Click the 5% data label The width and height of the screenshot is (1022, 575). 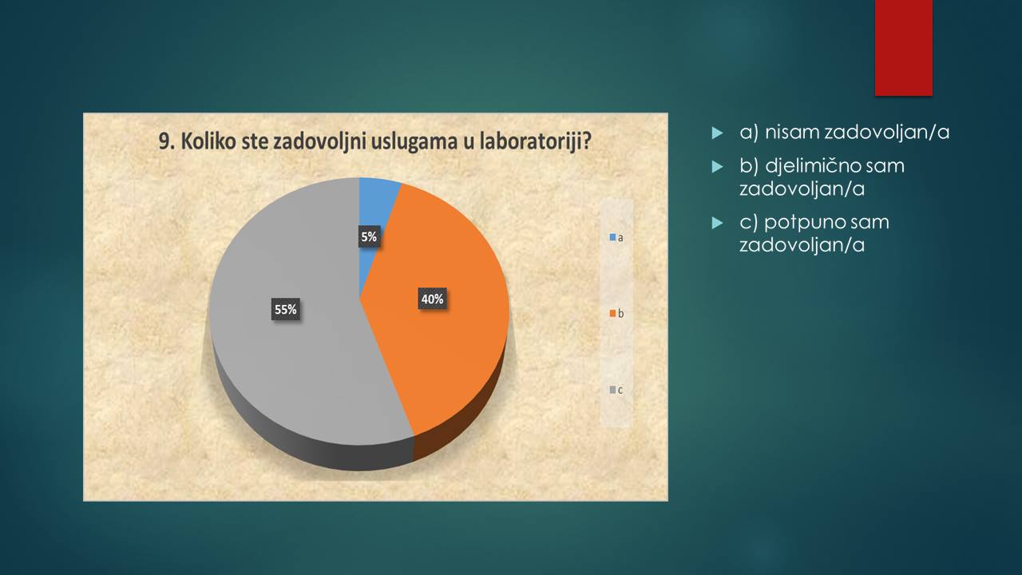click(369, 237)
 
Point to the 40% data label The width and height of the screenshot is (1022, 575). click(432, 299)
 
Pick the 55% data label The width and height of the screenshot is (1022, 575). click(286, 309)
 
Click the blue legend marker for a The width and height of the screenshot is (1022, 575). click(613, 237)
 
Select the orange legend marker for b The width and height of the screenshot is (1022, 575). click(613, 314)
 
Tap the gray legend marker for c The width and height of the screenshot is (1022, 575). click(613, 390)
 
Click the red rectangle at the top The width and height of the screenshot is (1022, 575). click(903, 48)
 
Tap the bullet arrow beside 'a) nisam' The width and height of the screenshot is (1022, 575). click(718, 133)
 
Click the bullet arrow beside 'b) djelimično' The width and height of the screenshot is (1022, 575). click(718, 167)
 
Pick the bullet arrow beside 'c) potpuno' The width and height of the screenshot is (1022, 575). click(718, 223)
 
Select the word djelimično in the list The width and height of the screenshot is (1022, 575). click(804, 166)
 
